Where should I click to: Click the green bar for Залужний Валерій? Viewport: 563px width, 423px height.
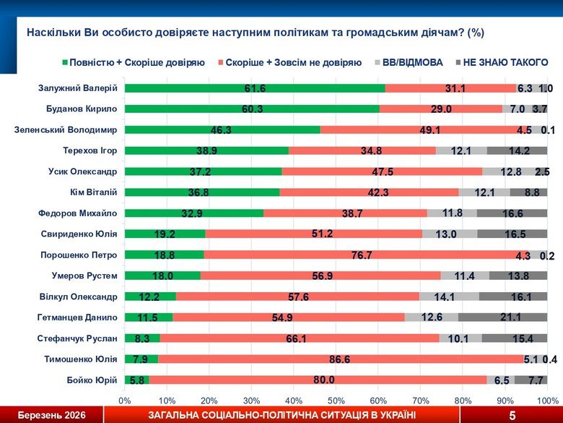pyautogui.click(x=254, y=88)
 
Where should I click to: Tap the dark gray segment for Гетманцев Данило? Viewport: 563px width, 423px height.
pyautogui.click(x=502, y=317)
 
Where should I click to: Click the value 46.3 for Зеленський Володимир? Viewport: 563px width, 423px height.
pyautogui.click(x=222, y=130)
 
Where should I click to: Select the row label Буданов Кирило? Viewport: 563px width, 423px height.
pyautogui.click(x=82, y=109)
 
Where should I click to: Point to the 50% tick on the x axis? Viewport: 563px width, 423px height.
pyautogui.click(x=336, y=399)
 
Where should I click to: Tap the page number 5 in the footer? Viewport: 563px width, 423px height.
pyautogui.click(x=512, y=415)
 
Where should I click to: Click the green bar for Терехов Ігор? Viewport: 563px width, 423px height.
pyautogui.click(x=206, y=151)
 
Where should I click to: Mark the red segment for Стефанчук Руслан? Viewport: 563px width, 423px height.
pyautogui.click(x=300, y=338)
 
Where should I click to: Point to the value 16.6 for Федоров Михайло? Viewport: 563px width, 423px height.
pyautogui.click(x=512, y=213)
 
